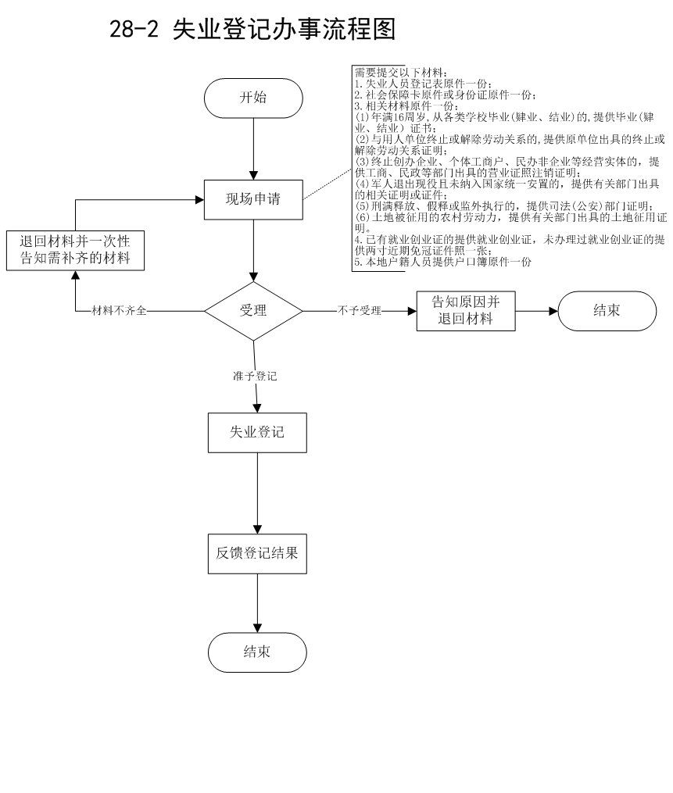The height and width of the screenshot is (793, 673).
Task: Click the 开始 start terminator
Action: [253, 98]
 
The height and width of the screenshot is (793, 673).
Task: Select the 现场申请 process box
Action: [253, 200]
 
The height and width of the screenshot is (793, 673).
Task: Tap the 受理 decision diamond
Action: [253, 311]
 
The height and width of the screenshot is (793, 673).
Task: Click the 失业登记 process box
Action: [257, 433]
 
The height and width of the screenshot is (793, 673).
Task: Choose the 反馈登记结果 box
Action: [257, 554]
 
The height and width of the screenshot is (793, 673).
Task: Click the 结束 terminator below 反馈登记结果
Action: [257, 652]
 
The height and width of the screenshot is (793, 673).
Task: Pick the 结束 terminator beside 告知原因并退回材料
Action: [607, 311]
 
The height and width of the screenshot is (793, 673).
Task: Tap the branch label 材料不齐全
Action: [119, 311]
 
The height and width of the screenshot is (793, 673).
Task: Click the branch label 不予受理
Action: [359, 311]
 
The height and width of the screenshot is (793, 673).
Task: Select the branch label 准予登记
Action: [255, 377]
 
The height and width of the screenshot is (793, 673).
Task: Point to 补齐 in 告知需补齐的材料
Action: [75, 259]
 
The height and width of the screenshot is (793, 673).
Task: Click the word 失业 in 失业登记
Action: [243, 433]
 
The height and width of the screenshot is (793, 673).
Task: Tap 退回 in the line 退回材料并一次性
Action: [33, 242]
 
